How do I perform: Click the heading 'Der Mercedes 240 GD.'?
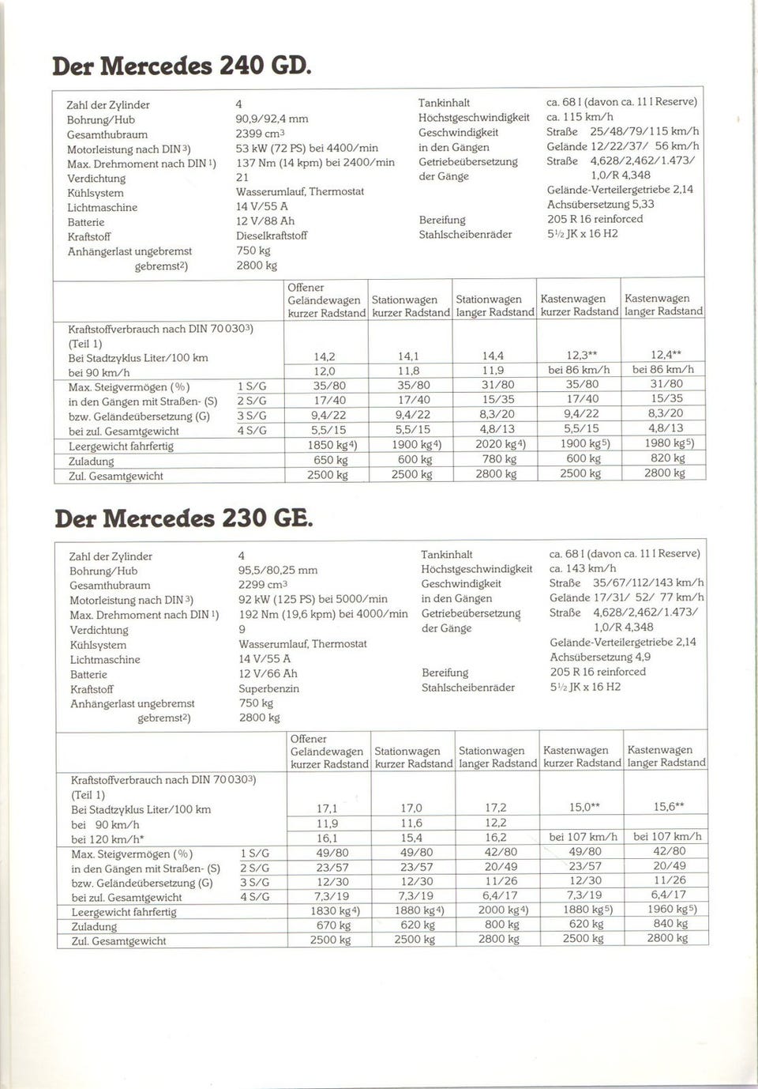click(x=182, y=65)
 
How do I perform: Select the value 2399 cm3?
click(x=260, y=134)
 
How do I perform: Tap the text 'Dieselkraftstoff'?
click(x=271, y=236)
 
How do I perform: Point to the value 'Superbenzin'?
click(x=268, y=688)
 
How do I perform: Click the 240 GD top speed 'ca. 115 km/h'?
click(x=580, y=116)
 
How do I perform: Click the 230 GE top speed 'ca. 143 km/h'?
click(x=583, y=568)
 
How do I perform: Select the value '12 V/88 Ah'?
click(x=265, y=221)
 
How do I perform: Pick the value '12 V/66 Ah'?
click(x=268, y=673)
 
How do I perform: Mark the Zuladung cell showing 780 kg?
click(x=494, y=459)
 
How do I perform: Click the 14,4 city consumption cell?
click(x=493, y=356)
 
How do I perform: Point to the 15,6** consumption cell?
click(x=668, y=807)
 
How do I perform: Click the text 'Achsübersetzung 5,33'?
click(x=600, y=204)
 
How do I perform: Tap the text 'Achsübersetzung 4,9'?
click(x=600, y=657)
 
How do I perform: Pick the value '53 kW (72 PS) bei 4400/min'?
click(x=306, y=148)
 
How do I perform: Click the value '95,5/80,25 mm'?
click(x=278, y=570)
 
